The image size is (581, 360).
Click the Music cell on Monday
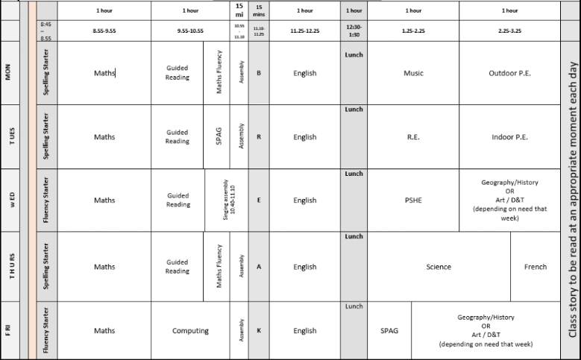click(413, 73)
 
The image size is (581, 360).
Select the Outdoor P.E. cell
click(509, 73)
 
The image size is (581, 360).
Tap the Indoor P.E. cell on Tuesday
click(509, 137)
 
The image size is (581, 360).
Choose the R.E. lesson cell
click(413, 137)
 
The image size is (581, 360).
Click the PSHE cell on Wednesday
click(413, 200)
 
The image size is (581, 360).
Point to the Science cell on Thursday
click(439, 267)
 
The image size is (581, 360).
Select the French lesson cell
click(535, 267)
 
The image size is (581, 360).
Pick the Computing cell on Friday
click(190, 331)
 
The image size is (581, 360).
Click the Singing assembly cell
click(227, 200)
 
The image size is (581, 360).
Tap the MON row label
click(8, 73)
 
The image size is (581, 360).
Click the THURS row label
click(8, 267)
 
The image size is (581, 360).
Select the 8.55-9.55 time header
click(104, 31)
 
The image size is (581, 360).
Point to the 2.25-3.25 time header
click(509, 31)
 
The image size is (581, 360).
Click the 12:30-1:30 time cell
click(354, 31)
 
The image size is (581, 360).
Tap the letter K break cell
click(258, 331)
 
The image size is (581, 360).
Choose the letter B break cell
click(258, 73)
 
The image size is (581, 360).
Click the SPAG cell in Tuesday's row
click(216, 137)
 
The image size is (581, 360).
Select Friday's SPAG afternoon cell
click(389, 331)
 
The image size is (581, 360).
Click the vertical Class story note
click(571, 180)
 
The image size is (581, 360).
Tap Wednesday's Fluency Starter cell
click(47, 200)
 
